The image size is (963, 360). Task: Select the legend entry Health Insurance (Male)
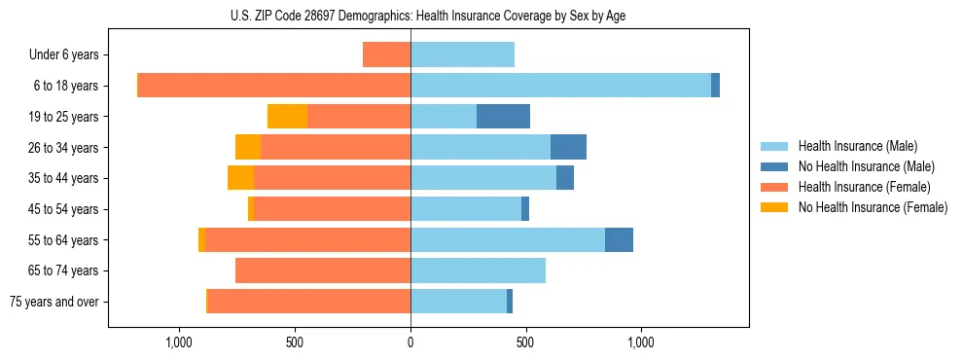click(x=857, y=146)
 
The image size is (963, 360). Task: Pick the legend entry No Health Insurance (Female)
click(x=873, y=207)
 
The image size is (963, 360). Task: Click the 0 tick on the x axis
click(x=410, y=342)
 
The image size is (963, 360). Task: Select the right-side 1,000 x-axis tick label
click(x=641, y=342)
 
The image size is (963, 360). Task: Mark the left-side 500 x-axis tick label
click(x=296, y=342)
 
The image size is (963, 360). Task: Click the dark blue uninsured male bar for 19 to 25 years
click(x=503, y=117)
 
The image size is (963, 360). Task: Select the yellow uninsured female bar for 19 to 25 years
click(x=287, y=117)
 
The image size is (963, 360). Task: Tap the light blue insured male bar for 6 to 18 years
click(x=560, y=86)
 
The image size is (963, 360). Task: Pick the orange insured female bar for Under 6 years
click(x=386, y=55)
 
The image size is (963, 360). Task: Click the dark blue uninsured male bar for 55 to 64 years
click(x=619, y=239)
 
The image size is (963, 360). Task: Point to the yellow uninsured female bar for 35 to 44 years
click(x=240, y=178)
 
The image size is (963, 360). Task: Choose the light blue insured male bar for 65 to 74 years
click(x=478, y=270)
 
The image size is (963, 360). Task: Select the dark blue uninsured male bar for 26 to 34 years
click(x=568, y=147)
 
